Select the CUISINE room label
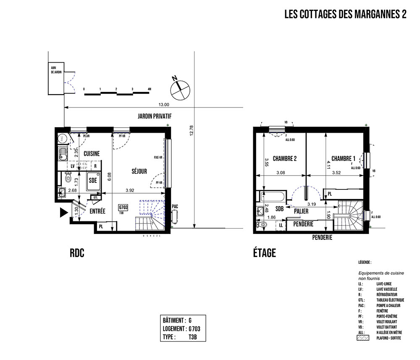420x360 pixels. (91, 154)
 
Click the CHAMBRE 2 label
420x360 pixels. (285, 159)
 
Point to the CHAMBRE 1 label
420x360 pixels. (343, 159)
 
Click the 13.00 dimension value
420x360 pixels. (163, 105)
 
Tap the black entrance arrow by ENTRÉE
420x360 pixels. (63, 213)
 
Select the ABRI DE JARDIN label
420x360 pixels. (56, 70)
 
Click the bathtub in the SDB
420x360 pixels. (272, 197)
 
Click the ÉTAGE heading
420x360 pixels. (264, 253)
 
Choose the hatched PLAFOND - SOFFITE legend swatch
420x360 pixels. (362, 337)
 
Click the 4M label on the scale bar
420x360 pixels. (149, 89)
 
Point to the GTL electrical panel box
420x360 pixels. (95, 197)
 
